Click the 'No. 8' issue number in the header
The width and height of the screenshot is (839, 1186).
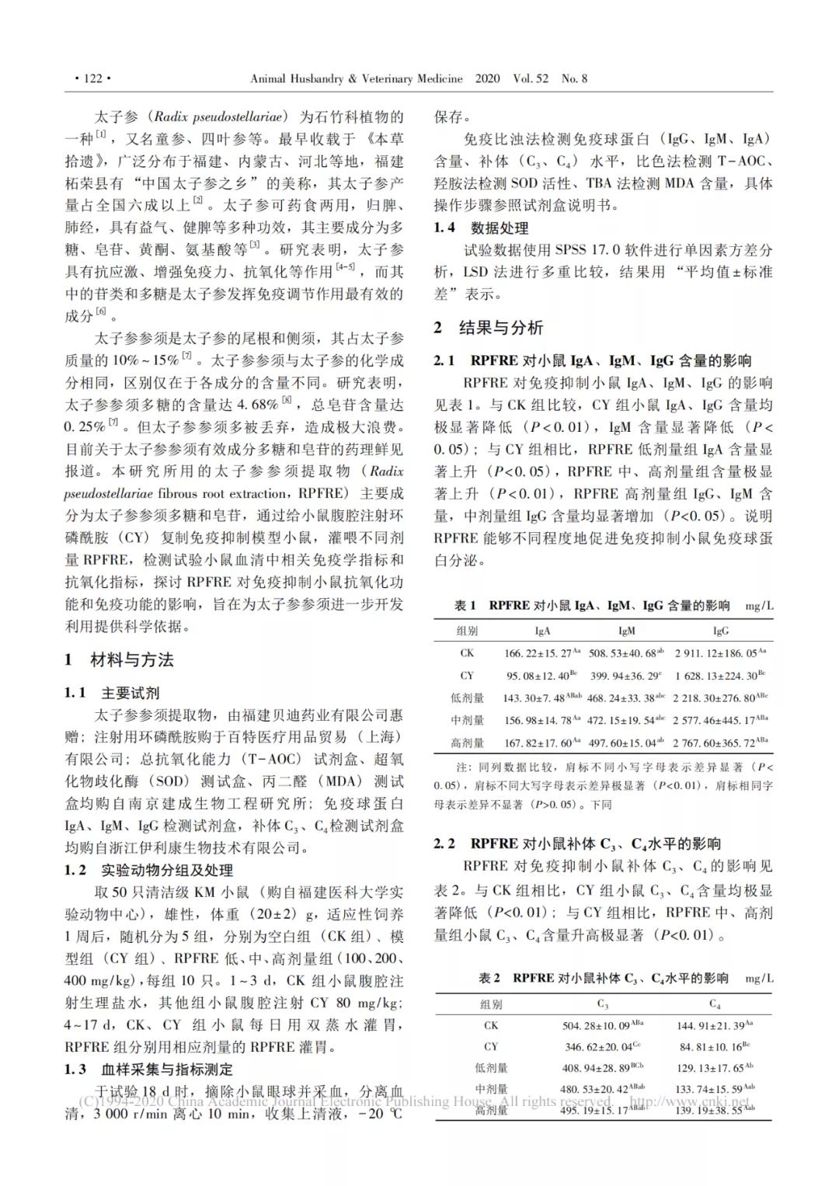click(574, 78)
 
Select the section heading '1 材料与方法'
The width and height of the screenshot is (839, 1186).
click(120, 660)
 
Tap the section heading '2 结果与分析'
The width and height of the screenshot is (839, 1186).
click(489, 328)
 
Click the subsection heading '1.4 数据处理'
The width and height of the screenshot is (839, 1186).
click(481, 228)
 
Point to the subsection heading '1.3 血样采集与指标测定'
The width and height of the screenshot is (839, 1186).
click(148, 1069)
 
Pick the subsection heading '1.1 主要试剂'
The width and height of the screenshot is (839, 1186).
click(112, 693)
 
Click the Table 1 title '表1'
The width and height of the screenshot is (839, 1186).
click(465, 606)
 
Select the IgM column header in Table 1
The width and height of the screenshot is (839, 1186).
click(626, 631)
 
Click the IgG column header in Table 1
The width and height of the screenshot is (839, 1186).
click(721, 631)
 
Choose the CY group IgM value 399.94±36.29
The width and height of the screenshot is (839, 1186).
click(625, 676)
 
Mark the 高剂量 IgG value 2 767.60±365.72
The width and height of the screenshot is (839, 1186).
click(720, 743)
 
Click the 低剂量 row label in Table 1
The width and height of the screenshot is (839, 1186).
click(467, 697)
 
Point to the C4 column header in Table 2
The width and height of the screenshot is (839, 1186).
click(715, 1003)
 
